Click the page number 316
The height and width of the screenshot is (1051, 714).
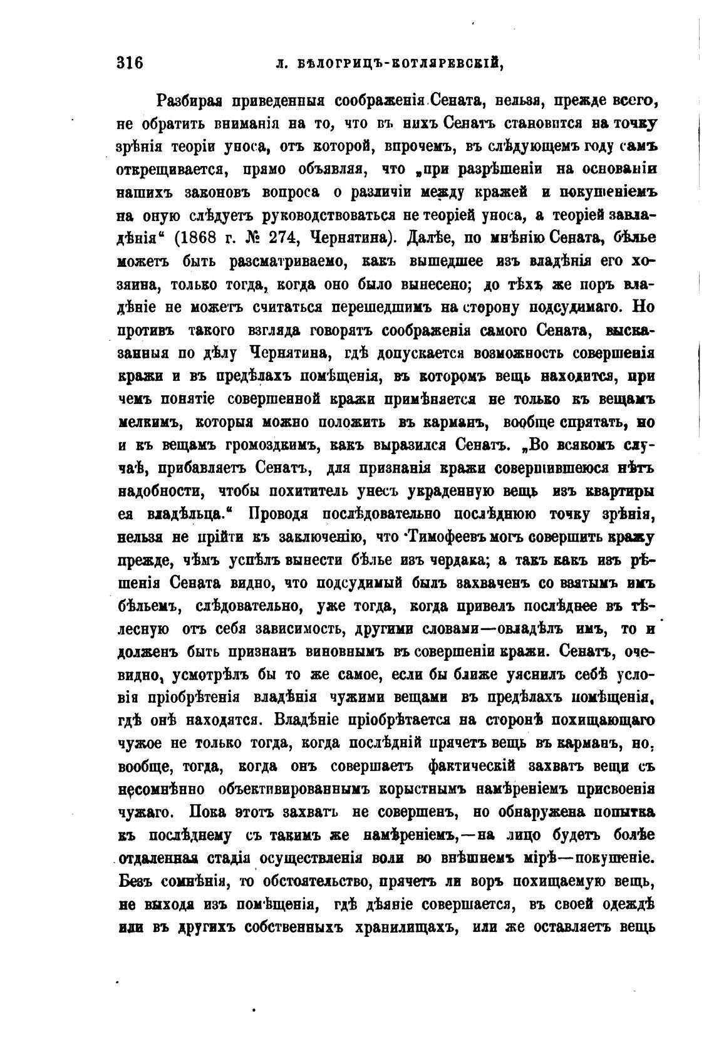[130, 63]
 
